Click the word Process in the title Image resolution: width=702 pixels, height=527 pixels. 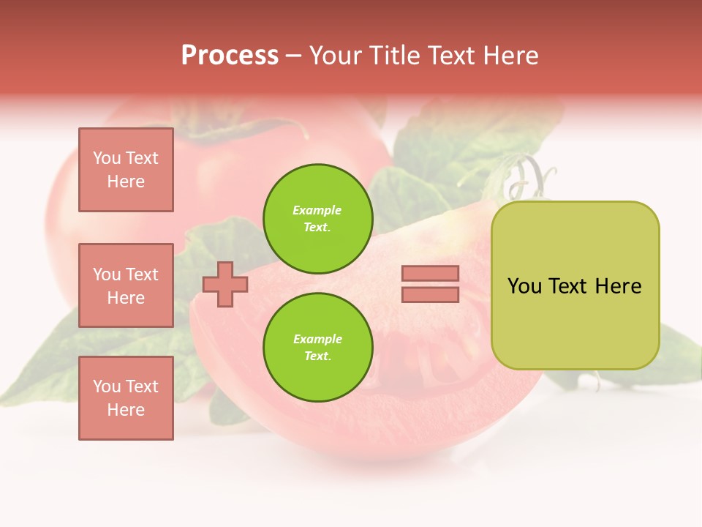[x=230, y=56]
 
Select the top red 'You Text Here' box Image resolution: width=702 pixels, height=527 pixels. [x=126, y=170]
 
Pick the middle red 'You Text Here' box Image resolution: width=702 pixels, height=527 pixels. [x=126, y=285]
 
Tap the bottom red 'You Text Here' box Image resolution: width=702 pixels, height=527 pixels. [x=126, y=398]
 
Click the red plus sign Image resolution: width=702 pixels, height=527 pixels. [x=224, y=284]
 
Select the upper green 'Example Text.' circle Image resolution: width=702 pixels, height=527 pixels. [x=317, y=219]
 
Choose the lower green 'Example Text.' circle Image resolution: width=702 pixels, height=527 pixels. [x=317, y=348]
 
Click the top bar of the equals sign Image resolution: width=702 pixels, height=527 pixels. [x=430, y=274]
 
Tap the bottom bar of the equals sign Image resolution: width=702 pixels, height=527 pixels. [x=430, y=294]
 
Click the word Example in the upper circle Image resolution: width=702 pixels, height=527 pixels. [x=317, y=210]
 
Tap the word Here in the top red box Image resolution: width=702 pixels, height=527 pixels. [x=126, y=182]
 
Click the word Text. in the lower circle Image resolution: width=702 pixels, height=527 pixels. [x=317, y=356]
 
